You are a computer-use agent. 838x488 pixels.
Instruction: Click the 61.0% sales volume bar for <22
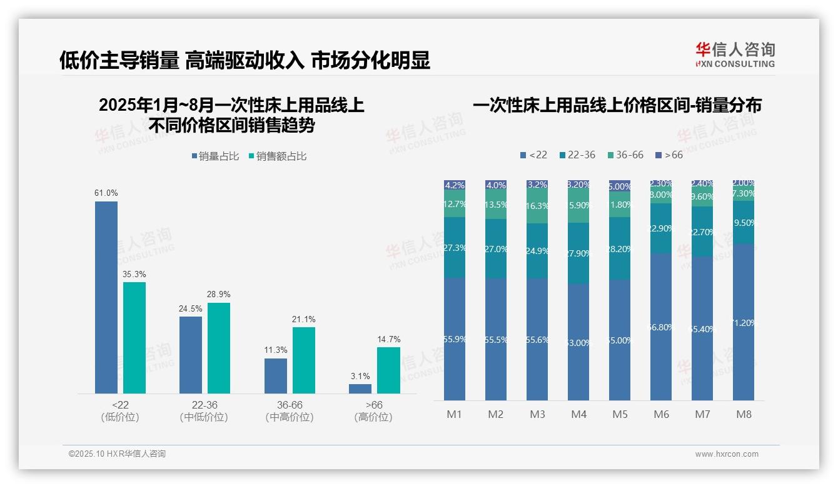(106, 297)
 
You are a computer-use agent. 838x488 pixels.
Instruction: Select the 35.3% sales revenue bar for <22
(134, 338)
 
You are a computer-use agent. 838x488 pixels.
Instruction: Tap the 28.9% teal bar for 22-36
(219, 348)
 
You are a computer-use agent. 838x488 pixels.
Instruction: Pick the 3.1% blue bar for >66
(360, 389)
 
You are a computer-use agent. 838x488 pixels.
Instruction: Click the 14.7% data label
(388, 339)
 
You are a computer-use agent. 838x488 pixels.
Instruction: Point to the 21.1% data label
(304, 319)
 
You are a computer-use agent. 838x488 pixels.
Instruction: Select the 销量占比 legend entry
(215, 156)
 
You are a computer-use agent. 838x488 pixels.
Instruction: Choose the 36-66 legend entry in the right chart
(625, 155)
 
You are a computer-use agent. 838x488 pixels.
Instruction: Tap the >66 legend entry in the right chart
(669, 155)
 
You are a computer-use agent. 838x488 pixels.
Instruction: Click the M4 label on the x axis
(578, 414)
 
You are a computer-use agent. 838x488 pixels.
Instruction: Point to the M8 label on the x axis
(744, 414)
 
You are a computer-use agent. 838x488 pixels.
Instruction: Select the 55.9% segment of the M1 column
(455, 339)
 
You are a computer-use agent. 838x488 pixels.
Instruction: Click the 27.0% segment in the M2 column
(496, 248)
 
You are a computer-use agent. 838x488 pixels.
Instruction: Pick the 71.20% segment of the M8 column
(744, 322)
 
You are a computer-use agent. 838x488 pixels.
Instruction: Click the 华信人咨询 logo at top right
(735, 54)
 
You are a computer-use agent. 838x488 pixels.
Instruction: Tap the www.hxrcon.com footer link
(727, 454)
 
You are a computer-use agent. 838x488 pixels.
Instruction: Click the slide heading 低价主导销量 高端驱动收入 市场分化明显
(245, 61)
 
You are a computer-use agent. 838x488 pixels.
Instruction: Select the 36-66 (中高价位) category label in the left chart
(290, 411)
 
